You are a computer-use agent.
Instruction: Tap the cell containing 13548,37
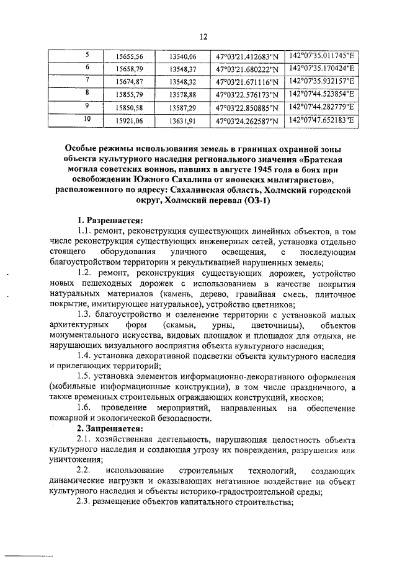coord(183,68)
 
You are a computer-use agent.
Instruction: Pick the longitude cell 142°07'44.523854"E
coord(322,94)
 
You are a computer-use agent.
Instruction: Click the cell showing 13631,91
coord(183,120)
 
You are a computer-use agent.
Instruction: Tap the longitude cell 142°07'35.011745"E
coord(322,55)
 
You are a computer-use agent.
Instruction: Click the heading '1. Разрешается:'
coord(109,219)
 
